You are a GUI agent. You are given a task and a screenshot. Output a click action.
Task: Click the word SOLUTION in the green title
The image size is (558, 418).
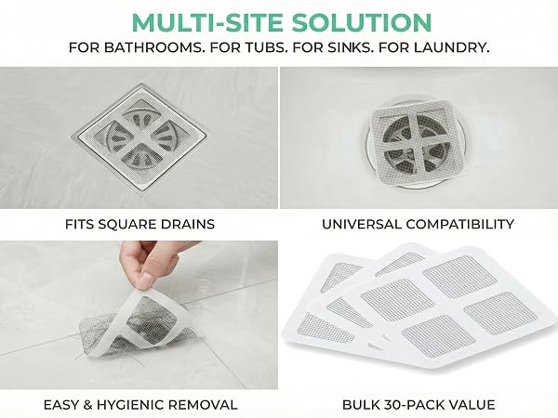point(362,22)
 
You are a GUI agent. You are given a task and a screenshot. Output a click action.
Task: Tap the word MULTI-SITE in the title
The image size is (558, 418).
point(207,22)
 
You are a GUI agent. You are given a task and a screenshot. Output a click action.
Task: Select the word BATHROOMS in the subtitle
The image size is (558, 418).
point(154,47)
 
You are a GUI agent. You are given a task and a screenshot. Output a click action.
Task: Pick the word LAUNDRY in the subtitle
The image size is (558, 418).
point(450,47)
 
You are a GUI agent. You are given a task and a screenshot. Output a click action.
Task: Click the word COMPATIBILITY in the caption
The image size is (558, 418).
point(459,224)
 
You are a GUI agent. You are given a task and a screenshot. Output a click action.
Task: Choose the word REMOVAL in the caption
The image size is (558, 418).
point(203,405)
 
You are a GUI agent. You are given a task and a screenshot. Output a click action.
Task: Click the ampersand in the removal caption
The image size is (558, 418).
point(86,405)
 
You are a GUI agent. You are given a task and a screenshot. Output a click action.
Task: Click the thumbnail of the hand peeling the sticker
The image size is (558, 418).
point(139,315)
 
